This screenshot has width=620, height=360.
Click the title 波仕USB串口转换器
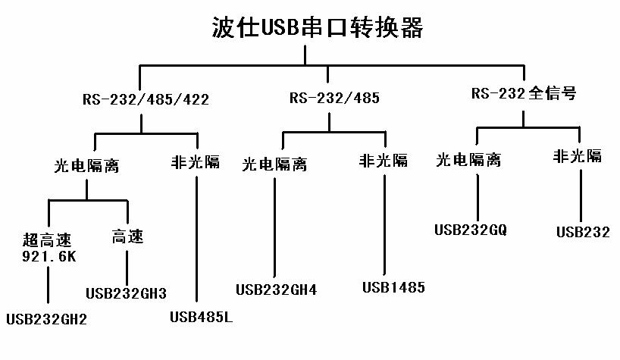317,28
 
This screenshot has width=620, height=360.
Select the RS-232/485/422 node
146,99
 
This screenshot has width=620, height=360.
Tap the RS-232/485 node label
334,99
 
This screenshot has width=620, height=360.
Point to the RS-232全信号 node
524,94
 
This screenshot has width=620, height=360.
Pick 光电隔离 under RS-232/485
274,164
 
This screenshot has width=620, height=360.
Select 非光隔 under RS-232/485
384,161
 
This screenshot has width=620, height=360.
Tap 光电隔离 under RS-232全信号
468,160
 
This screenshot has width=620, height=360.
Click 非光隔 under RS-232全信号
578,157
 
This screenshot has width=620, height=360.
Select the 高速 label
127,237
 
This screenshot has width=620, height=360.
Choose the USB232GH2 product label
46,319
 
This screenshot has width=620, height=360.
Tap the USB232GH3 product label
126,293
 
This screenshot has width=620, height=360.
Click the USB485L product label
201,316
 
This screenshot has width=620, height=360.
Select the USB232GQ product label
470,228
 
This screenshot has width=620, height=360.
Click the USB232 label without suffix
583,233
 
